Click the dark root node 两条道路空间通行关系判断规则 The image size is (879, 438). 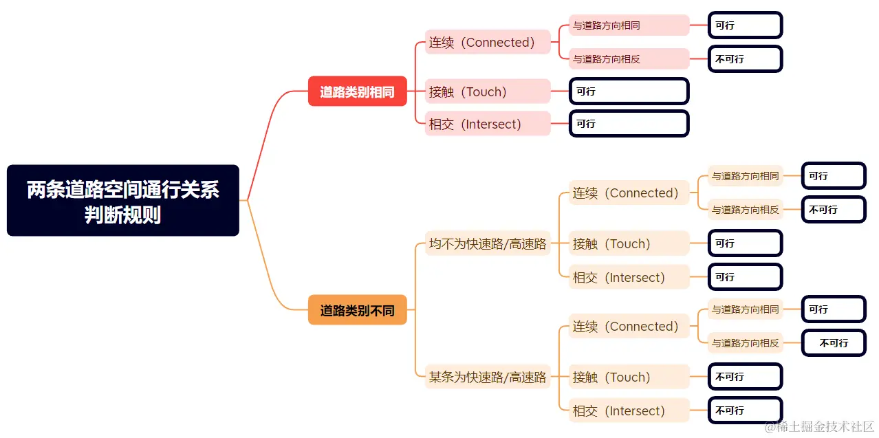click(x=123, y=200)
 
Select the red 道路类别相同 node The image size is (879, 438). click(x=357, y=91)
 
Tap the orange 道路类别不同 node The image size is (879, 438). click(x=357, y=310)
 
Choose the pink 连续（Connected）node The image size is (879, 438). click(x=488, y=42)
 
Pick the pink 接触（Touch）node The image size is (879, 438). click(x=488, y=91)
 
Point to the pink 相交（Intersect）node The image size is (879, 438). click(x=488, y=124)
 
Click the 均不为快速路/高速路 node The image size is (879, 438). click(x=488, y=243)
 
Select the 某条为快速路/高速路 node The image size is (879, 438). click(x=488, y=377)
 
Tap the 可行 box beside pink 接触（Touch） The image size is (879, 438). click(x=629, y=91)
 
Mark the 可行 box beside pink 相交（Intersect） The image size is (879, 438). click(x=629, y=124)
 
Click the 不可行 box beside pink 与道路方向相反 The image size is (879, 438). click(x=745, y=59)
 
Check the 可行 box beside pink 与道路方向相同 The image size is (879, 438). click(x=745, y=25)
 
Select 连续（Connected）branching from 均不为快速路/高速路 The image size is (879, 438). click(x=629, y=193)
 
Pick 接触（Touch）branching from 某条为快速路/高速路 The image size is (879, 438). click(x=629, y=377)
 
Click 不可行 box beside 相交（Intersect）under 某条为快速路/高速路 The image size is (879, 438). click(x=745, y=410)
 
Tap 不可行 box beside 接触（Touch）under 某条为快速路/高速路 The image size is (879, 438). click(x=745, y=377)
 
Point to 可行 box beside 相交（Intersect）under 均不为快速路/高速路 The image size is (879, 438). click(x=745, y=277)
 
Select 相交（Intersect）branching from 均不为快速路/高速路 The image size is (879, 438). click(x=629, y=277)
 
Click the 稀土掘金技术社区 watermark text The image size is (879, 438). click(x=824, y=427)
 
